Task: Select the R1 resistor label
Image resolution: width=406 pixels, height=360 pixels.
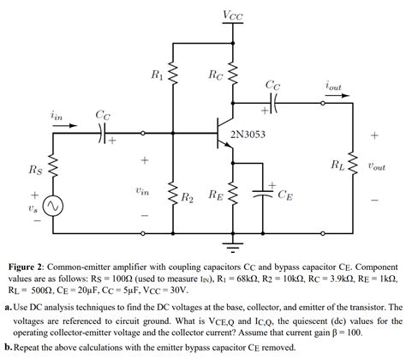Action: coord(156,75)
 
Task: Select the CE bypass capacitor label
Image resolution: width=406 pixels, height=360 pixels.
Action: coord(285,195)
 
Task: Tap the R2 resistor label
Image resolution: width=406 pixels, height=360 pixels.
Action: coord(187,197)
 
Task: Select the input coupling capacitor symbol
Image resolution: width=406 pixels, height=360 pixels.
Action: coord(102,133)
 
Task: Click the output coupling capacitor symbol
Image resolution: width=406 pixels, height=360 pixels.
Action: coord(272,102)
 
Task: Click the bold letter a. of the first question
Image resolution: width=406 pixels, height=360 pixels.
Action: coord(8,307)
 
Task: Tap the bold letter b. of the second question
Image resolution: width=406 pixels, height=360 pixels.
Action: coord(8,348)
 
